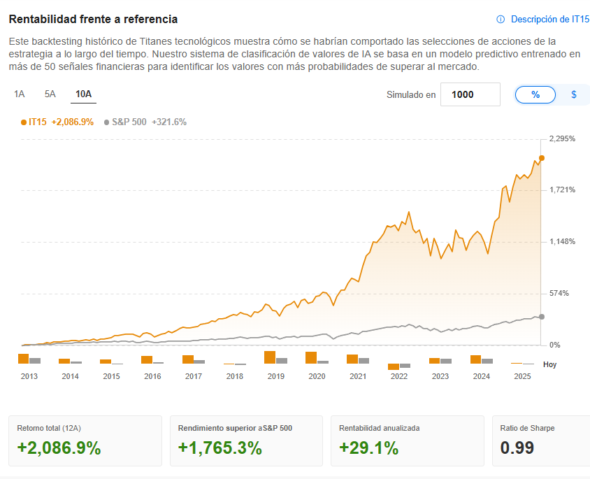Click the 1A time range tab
coord(20,94)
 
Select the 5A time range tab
coord(50,94)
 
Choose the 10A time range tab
coord(83,94)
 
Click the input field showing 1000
coord(470,94)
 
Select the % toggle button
coord(535,94)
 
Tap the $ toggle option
coord(574,94)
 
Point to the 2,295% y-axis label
coord(562,138)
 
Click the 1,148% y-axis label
coord(562,242)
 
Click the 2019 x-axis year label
coord(275,376)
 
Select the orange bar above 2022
coord(394,366)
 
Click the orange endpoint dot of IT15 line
coord(541,158)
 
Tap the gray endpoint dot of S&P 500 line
coord(541,317)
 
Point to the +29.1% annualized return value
coord(368,448)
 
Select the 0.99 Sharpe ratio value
coord(517,448)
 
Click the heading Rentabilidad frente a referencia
coord(93,19)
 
